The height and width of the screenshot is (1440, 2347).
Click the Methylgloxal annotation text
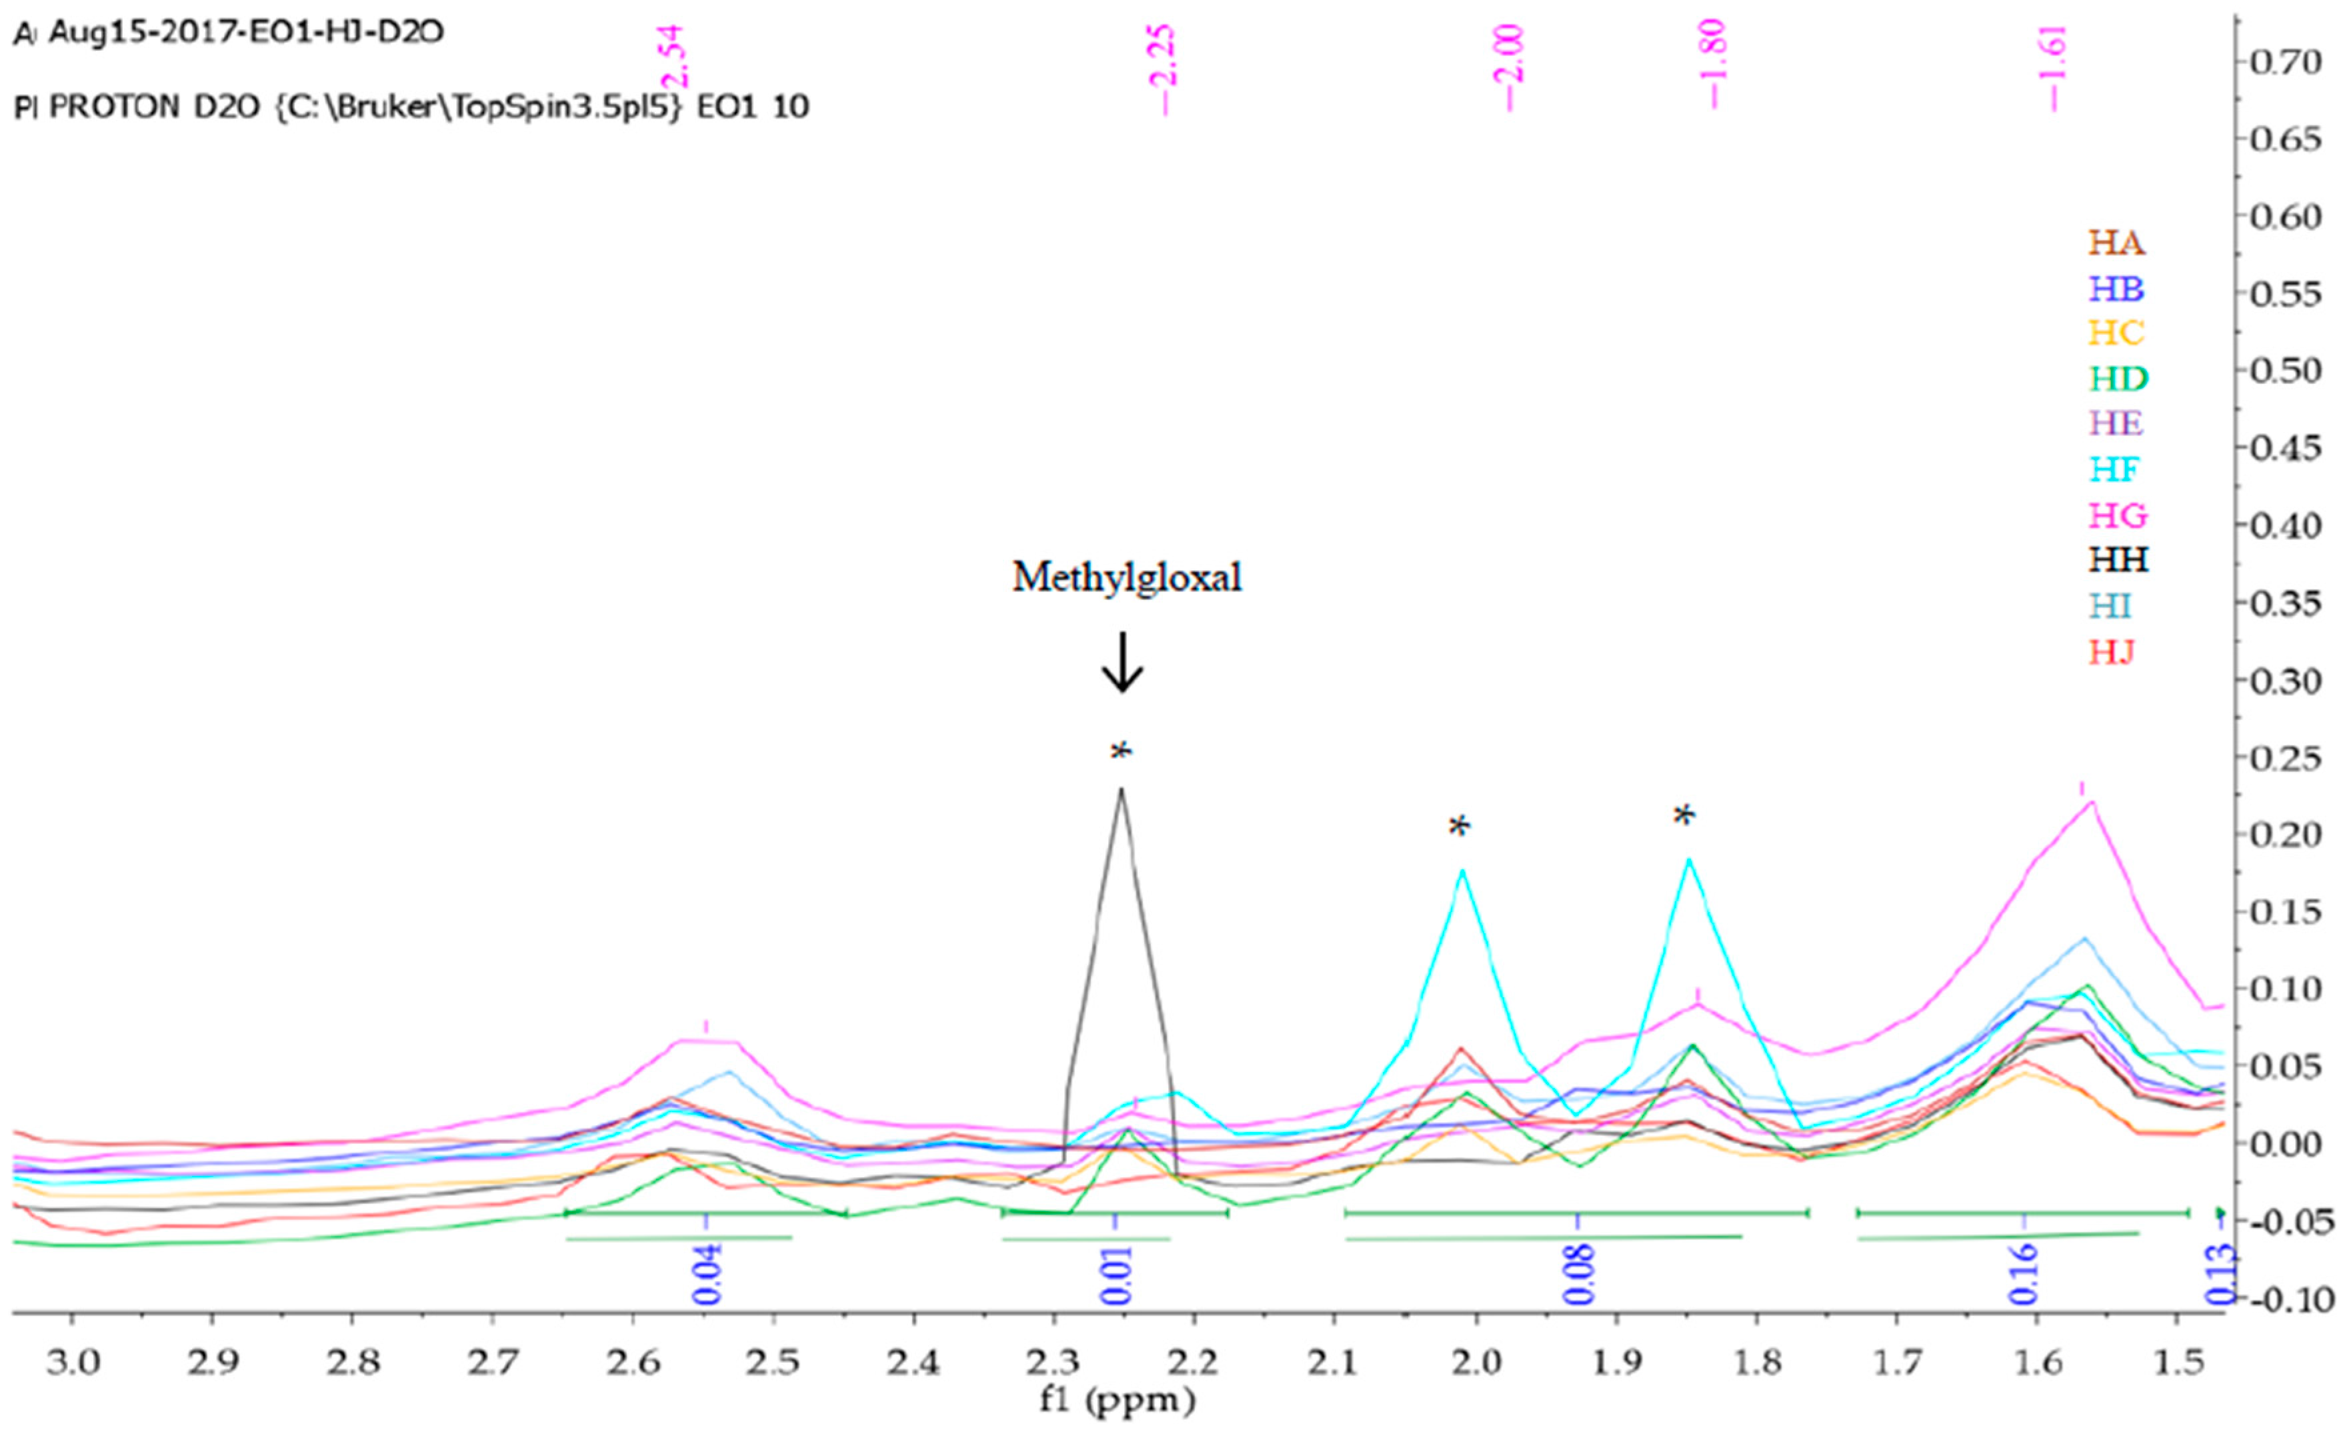[1127, 578]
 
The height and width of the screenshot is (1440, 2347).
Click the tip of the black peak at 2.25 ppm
[1121, 789]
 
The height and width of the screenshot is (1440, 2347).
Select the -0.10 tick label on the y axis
[2294, 1300]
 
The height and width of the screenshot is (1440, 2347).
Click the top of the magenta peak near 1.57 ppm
[2092, 802]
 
